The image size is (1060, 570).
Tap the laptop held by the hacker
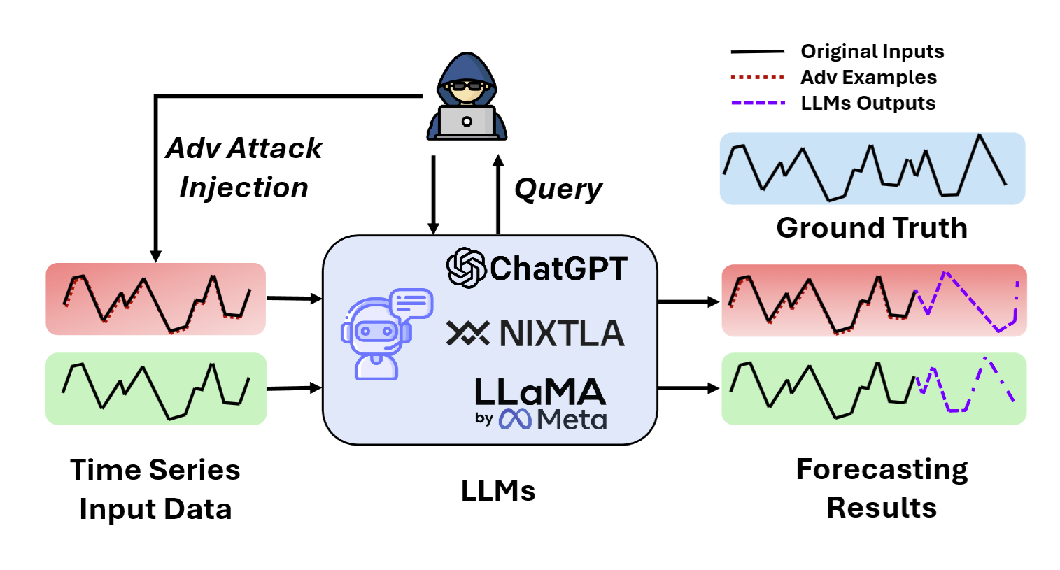(x=467, y=122)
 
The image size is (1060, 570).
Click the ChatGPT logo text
(x=537, y=269)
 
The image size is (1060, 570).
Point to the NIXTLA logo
(x=536, y=334)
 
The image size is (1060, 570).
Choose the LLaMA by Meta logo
(x=540, y=403)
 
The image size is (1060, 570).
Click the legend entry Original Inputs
(x=872, y=52)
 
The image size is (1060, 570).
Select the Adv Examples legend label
(x=868, y=78)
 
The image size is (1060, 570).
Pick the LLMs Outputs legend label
(x=868, y=104)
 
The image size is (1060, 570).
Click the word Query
(x=558, y=189)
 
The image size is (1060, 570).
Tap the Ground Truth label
(x=872, y=228)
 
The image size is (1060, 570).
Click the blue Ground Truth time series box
(x=872, y=169)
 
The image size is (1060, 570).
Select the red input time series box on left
(x=155, y=299)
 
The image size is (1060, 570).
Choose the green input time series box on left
(x=155, y=389)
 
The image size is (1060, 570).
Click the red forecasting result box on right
(x=874, y=301)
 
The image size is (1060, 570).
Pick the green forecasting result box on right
(x=874, y=389)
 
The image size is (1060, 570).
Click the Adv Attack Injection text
(x=243, y=168)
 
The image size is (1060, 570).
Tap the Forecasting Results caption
(x=882, y=488)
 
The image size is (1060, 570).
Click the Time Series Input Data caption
(x=155, y=490)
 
